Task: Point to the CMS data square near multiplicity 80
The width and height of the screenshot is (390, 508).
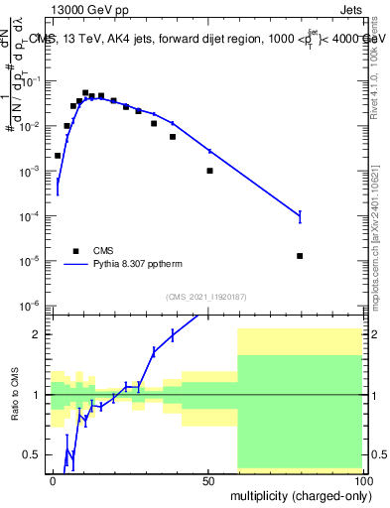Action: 300,256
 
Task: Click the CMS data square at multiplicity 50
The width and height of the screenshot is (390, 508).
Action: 209,171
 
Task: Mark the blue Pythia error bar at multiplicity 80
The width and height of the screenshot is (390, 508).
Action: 300,215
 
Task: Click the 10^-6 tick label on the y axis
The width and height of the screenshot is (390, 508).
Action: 31,305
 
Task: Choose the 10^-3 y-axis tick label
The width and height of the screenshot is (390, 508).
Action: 31,172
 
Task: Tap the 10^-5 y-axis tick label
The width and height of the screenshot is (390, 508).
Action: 31,261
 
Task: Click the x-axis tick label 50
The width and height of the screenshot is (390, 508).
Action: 207,479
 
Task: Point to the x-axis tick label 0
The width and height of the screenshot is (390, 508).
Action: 53,479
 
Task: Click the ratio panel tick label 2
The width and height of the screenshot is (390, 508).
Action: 40,334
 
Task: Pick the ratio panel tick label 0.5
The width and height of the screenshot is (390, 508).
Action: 35,454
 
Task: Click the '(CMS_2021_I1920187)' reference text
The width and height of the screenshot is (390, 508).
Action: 207,296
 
